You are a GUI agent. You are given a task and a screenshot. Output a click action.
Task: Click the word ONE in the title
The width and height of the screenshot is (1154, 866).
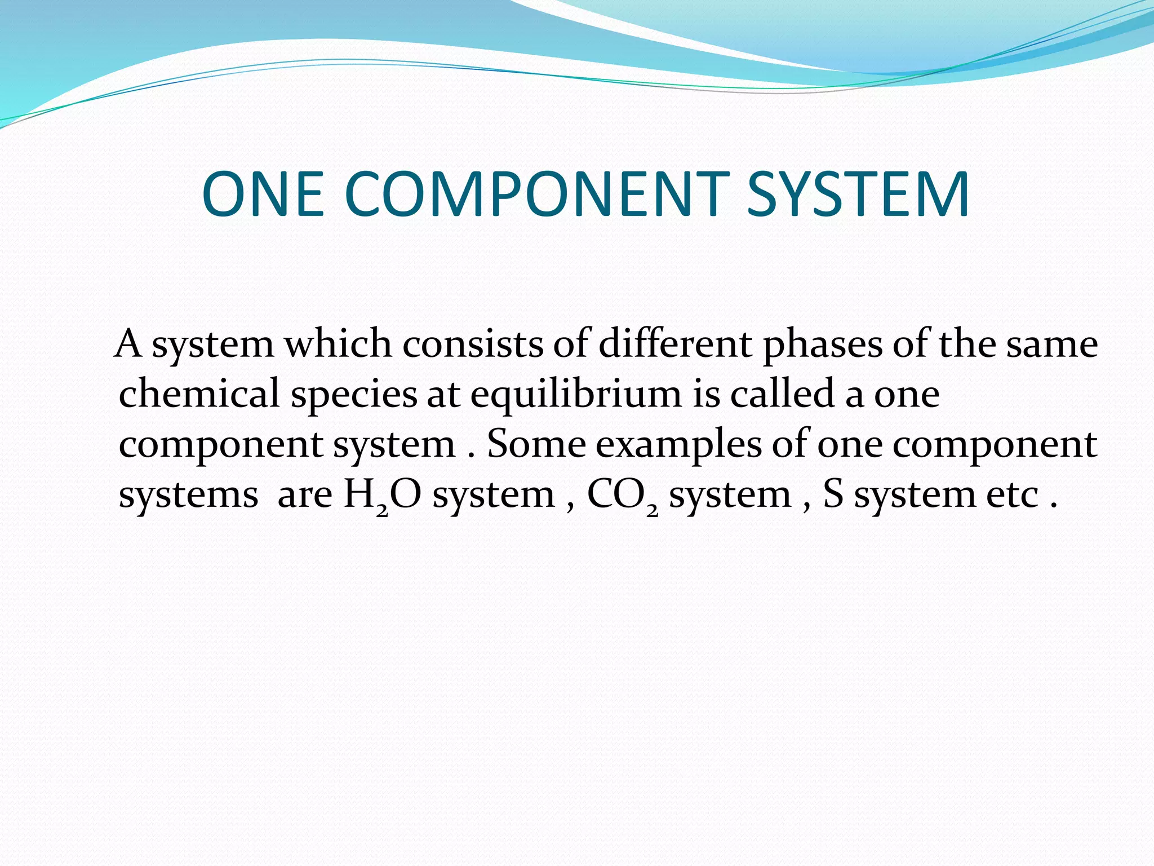[263, 195]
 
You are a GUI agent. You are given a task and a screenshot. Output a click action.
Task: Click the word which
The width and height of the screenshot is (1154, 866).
[338, 344]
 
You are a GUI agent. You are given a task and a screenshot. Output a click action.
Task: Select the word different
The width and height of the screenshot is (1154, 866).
[675, 344]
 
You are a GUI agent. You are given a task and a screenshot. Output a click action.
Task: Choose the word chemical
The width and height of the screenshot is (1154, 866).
[199, 393]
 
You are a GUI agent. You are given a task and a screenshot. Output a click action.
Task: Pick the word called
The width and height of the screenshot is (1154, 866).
[782, 393]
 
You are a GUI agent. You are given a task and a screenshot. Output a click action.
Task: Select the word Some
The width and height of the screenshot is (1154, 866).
[536, 444]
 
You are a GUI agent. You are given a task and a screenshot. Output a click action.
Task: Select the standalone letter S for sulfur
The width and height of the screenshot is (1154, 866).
[833, 494]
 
